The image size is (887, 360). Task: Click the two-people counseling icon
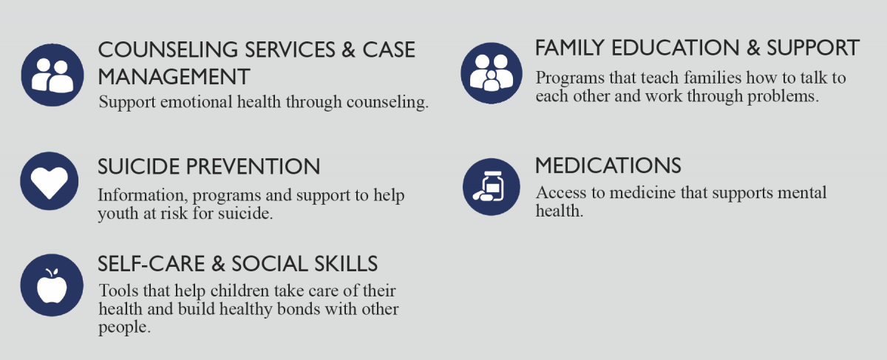pos(52,75)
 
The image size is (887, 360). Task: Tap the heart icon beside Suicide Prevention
pos(49,181)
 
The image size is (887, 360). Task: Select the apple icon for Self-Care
pos(52,285)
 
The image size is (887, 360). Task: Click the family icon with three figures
pos(492,73)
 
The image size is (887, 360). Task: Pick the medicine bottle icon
pos(492,186)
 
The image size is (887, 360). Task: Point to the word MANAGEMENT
pos(174,77)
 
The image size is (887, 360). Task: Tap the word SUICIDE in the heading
pos(139,166)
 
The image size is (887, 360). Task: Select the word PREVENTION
pos(253,166)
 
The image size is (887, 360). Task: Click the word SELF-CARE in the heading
pos(152,264)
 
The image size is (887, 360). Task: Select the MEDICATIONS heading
pos(608,166)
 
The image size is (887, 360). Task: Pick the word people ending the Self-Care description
pos(124,328)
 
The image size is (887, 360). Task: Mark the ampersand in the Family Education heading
pos(753,48)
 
